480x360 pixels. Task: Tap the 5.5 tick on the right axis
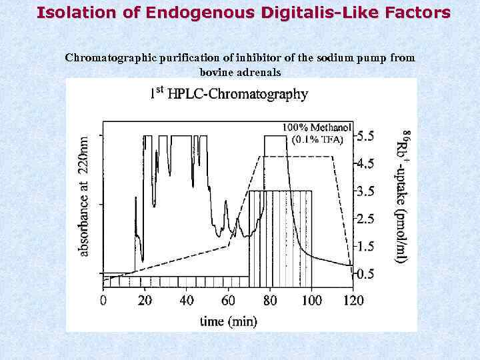point(365,136)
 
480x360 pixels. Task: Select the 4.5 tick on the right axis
point(365,163)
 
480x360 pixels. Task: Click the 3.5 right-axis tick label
point(365,191)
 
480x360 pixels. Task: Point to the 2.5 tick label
point(365,219)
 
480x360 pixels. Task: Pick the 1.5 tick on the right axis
point(365,247)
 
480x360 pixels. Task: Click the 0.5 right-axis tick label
point(365,274)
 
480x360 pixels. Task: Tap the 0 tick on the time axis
point(103,301)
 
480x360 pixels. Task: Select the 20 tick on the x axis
point(145,301)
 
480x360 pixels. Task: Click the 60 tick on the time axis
point(228,301)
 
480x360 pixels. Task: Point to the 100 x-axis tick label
point(311,301)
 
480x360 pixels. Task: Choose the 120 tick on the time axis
point(352,301)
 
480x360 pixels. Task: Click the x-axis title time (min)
point(229,321)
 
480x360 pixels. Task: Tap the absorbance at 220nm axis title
point(84,197)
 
